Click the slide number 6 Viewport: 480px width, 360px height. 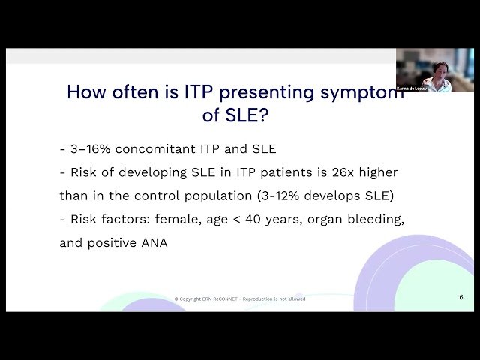[x=461, y=297]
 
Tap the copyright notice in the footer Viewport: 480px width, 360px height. [x=239, y=298]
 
